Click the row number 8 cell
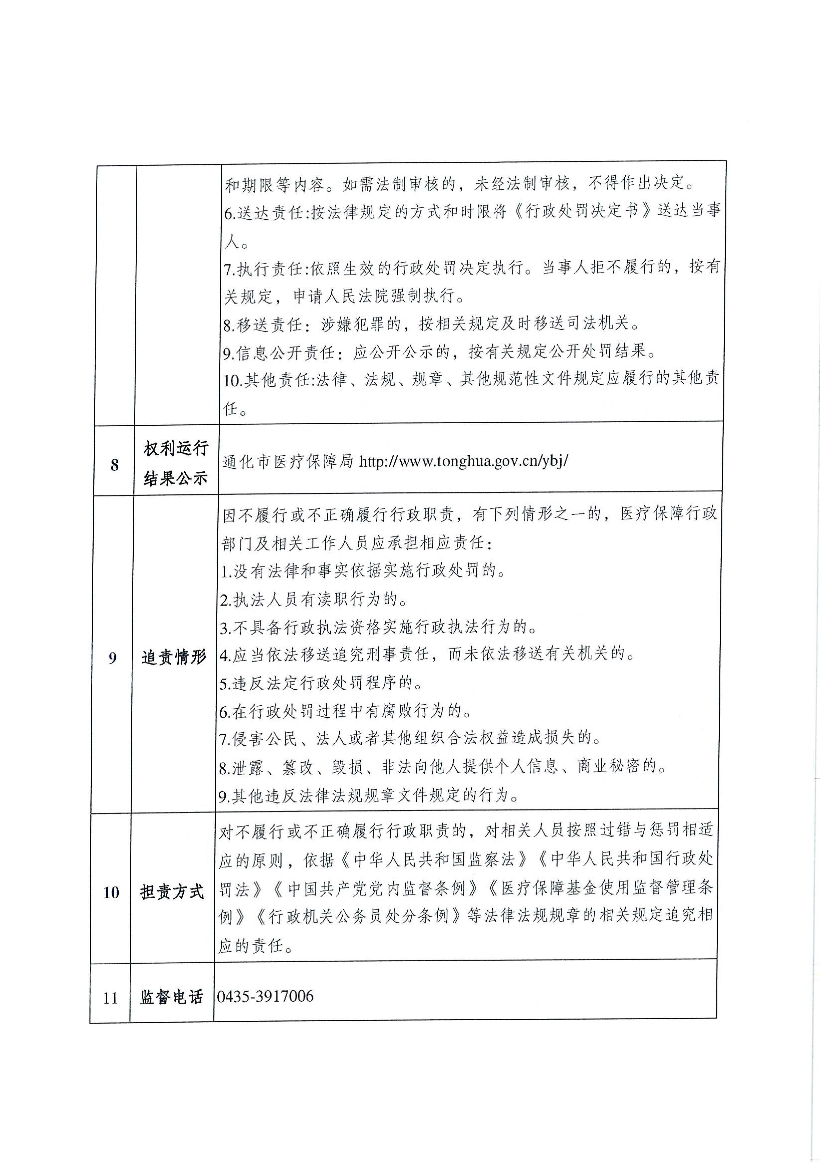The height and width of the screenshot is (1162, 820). coord(114,464)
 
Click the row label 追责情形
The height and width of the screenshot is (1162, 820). coord(174,657)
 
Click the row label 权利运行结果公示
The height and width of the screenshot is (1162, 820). coord(176,463)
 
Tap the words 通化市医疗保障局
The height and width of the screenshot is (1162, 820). coord(288,462)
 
